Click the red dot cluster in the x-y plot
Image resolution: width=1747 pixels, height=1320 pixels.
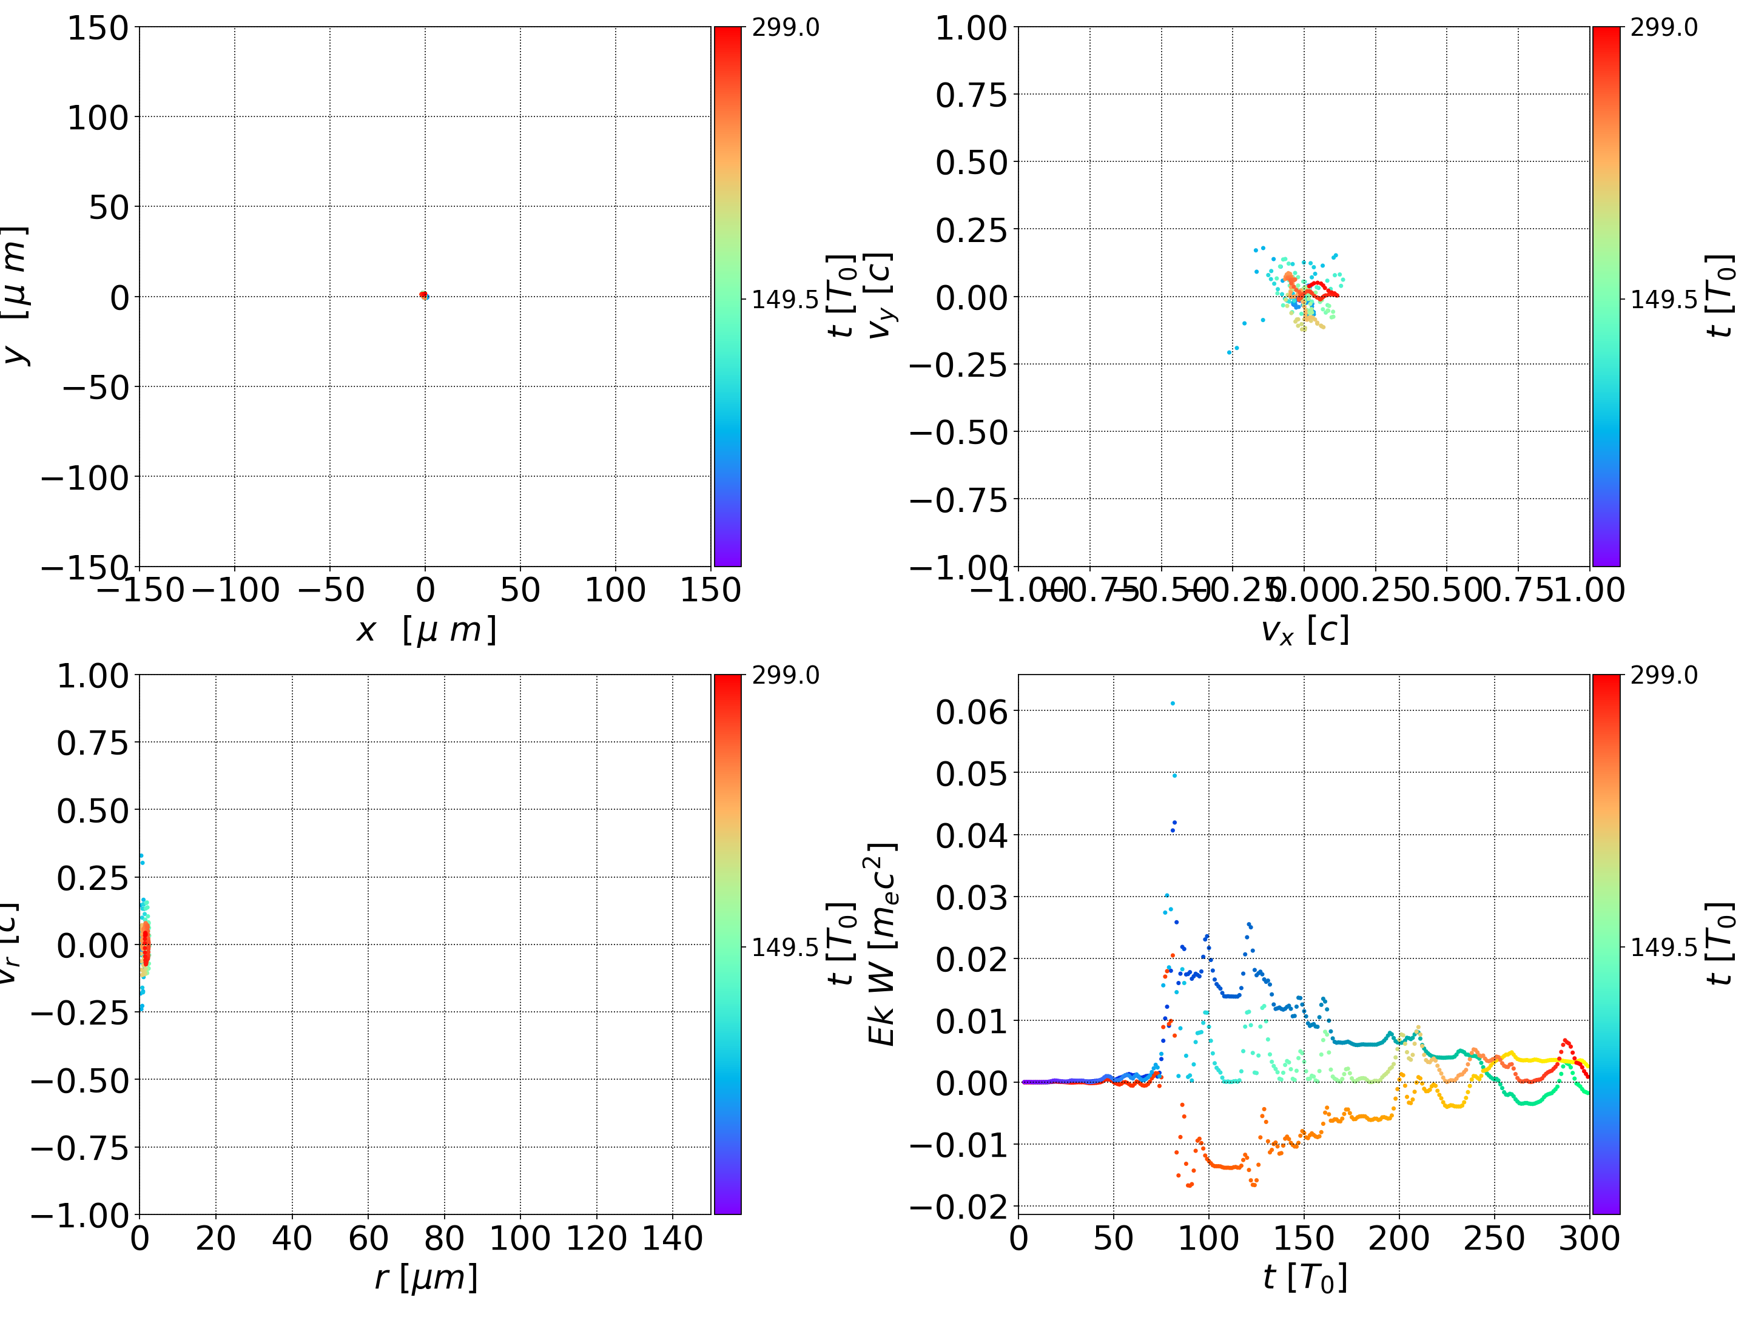(x=424, y=295)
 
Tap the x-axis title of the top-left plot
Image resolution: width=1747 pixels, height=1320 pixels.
(x=426, y=630)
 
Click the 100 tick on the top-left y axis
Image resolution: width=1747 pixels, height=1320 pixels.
(x=97, y=118)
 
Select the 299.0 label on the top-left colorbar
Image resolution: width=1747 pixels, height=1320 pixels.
(x=785, y=28)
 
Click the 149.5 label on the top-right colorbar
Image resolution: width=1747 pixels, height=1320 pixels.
(x=1663, y=300)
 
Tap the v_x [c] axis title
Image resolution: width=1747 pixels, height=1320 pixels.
(x=1305, y=630)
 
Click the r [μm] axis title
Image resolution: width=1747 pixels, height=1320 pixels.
(x=426, y=1278)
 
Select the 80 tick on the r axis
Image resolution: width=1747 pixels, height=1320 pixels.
(x=444, y=1238)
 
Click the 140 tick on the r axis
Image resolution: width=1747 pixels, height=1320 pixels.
(x=672, y=1238)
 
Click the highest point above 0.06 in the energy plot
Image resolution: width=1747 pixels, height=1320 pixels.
(x=1173, y=703)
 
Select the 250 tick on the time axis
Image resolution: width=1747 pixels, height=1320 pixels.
(x=1494, y=1238)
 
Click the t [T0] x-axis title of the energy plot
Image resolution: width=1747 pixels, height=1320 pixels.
(x=1305, y=1278)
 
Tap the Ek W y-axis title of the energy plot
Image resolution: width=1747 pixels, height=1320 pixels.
(x=881, y=944)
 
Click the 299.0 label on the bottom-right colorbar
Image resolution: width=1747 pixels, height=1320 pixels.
(x=1663, y=675)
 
